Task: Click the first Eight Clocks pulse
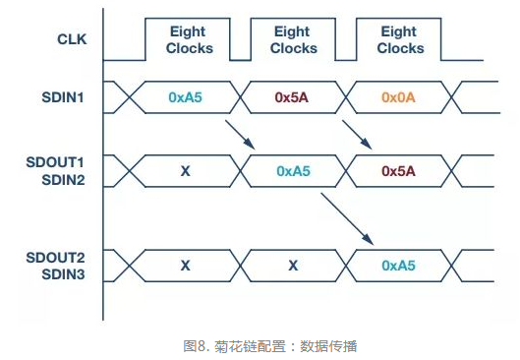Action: tap(189, 40)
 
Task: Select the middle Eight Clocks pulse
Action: tap(293, 40)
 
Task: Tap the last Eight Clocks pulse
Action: tap(399, 40)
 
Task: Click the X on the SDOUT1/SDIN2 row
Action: tap(185, 170)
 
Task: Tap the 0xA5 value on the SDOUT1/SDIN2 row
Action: tap(293, 170)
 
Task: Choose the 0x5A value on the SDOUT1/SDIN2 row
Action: tap(399, 170)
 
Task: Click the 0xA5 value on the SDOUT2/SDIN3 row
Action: tap(399, 266)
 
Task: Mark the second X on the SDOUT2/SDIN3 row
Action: tap(293, 266)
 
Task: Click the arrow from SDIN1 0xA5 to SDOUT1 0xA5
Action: tap(239, 135)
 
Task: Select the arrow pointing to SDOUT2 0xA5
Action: tap(346, 218)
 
